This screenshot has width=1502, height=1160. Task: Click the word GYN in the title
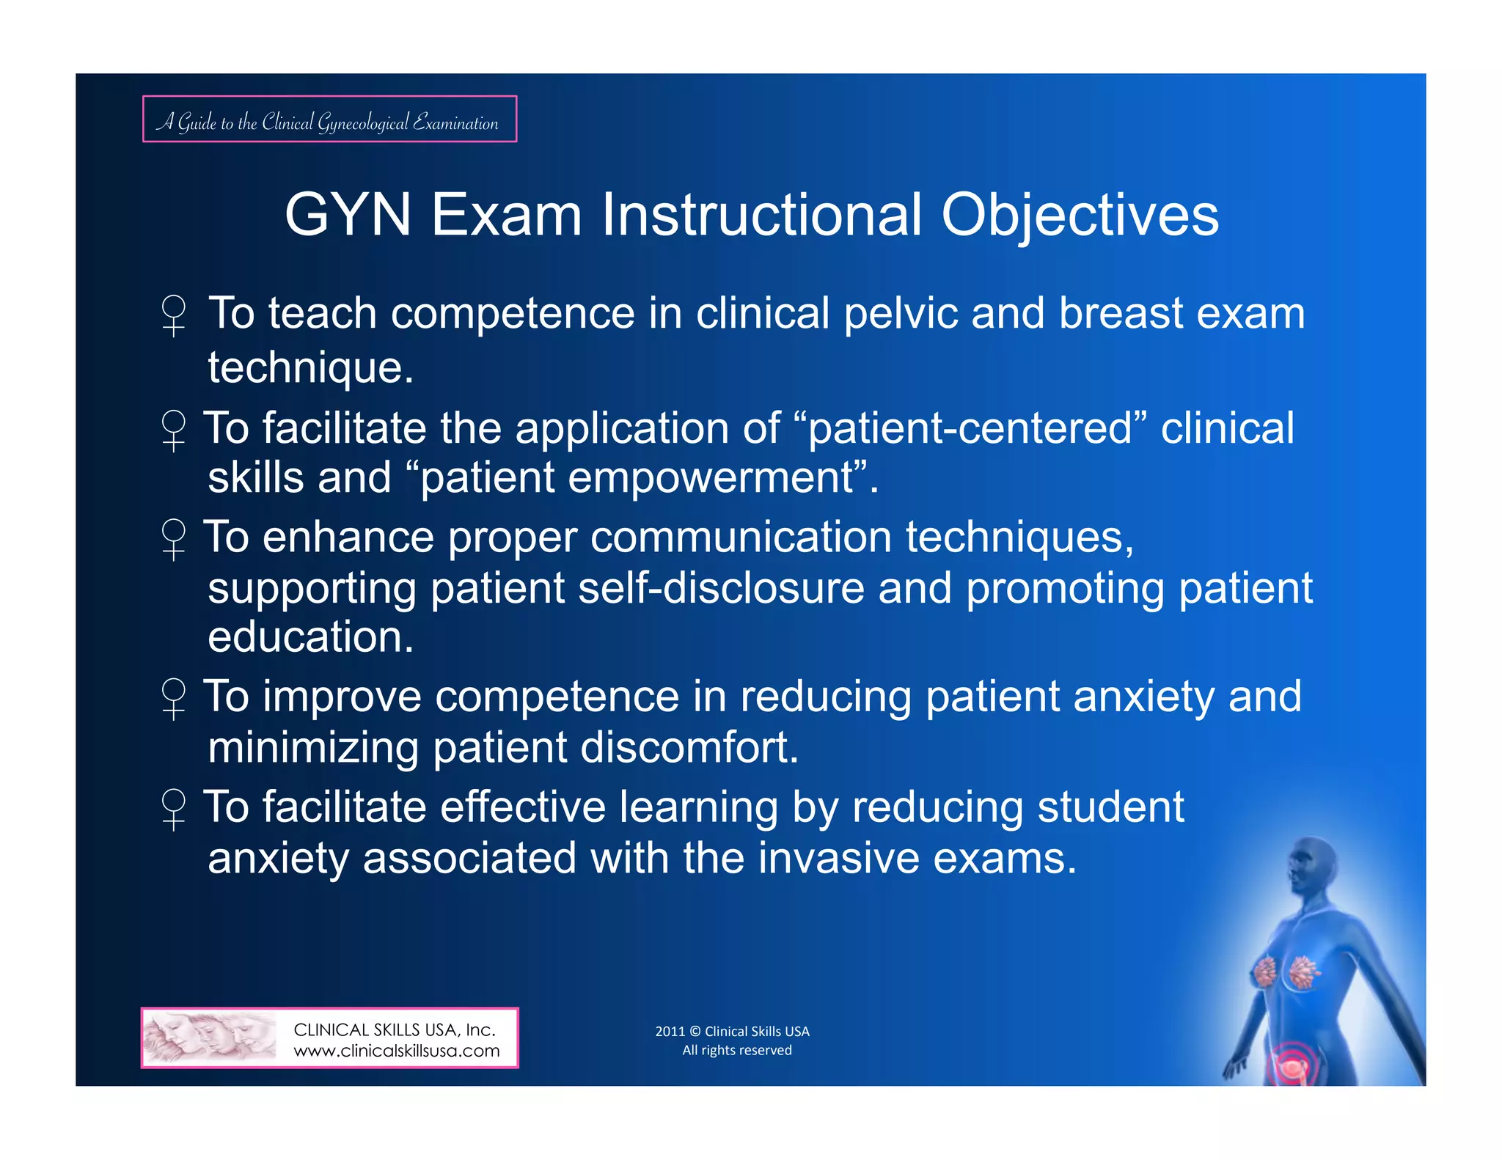[348, 216]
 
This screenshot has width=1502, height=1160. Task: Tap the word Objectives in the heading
[1080, 216]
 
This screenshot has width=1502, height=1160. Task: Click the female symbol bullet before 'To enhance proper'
[174, 539]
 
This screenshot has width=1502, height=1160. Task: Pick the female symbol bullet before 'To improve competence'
[174, 698]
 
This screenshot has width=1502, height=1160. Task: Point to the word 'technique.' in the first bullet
[311, 367]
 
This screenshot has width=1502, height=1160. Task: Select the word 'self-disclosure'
[721, 589]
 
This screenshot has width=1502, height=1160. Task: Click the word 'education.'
[311, 636]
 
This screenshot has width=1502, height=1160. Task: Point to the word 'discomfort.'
[689, 748]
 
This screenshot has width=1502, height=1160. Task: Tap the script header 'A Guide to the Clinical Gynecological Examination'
[329, 120]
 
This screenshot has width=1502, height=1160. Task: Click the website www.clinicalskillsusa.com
[396, 1051]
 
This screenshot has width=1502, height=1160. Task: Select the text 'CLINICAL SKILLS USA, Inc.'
[395, 1029]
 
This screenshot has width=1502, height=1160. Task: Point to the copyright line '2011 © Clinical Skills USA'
[732, 1031]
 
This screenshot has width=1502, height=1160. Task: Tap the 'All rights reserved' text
[737, 1050]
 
